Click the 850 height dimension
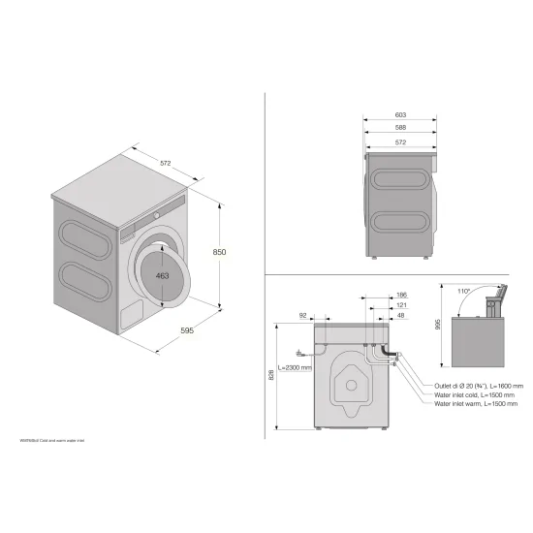coord(219,253)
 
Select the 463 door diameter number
coord(163,276)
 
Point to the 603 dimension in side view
coord(400,114)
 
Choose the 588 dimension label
coord(400,129)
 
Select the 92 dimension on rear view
coord(302,316)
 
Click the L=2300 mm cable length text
coord(295,368)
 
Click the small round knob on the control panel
coord(154,213)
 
